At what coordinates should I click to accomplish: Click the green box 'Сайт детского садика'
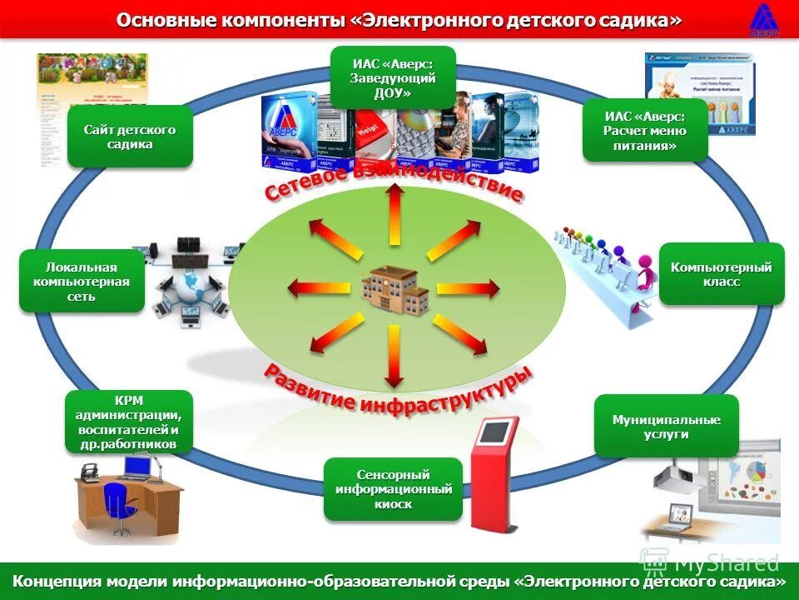[x=130, y=137]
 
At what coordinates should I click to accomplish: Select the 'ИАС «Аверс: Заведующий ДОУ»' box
[x=393, y=77]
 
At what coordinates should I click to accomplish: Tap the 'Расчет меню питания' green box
[x=645, y=131]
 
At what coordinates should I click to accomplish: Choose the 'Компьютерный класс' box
[x=721, y=274]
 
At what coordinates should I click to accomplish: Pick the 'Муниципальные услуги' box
[x=666, y=427]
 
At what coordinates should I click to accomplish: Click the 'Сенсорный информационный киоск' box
[x=393, y=489]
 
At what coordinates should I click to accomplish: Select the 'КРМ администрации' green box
[x=129, y=422]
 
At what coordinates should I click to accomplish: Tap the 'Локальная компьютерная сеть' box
[x=82, y=282]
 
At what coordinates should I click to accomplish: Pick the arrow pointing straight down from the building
[x=395, y=356]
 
